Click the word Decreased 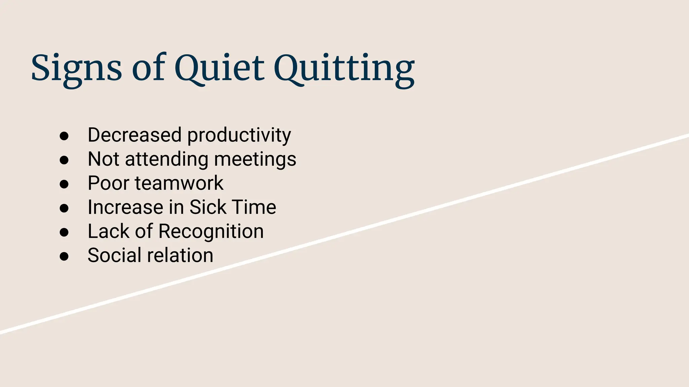[x=135, y=135]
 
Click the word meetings [x=255, y=159]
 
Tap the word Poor [x=108, y=183]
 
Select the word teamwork [x=179, y=183]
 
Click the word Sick [x=208, y=207]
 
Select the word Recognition [x=211, y=232]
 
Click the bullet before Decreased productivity [x=64, y=136]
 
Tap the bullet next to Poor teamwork [x=64, y=184]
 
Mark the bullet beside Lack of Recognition [x=64, y=232]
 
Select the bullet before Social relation [x=64, y=256]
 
